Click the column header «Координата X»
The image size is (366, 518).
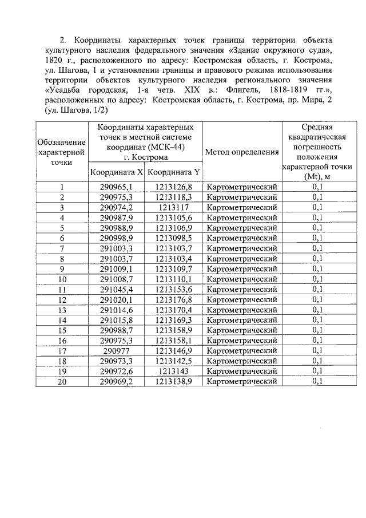pyautogui.click(x=116, y=172)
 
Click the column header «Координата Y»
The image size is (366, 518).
pyautogui.click(x=173, y=172)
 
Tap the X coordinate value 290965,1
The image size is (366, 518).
pyautogui.click(x=116, y=187)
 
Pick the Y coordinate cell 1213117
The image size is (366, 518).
pyautogui.click(x=173, y=207)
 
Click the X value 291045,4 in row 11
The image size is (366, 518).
pyautogui.click(x=116, y=289)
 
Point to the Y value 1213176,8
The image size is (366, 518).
pyautogui.click(x=173, y=299)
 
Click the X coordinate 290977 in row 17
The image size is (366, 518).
pyautogui.click(x=116, y=350)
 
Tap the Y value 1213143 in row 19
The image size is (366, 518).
pyautogui.click(x=173, y=371)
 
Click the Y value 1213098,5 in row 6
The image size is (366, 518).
pyautogui.click(x=173, y=238)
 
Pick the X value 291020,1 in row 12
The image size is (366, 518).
pyautogui.click(x=116, y=299)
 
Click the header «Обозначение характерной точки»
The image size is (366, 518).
pyautogui.click(x=61, y=152)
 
